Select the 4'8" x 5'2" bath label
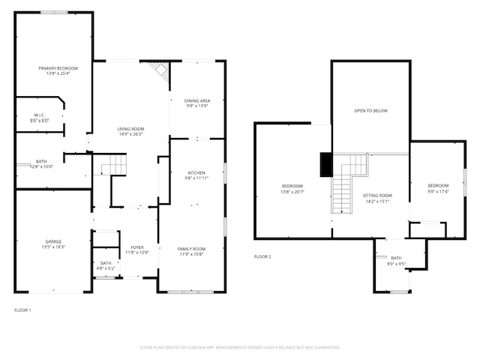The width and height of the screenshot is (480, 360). click(104, 267)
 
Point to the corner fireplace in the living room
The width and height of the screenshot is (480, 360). click(160, 70)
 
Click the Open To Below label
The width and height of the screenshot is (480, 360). click(370, 110)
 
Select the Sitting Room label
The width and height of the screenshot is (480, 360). click(378, 197)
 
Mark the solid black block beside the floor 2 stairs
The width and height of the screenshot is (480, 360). click(325, 164)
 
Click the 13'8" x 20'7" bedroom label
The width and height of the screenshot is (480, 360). click(292, 189)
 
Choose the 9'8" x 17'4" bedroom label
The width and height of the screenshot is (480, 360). click(438, 189)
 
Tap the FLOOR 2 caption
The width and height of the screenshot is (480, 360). click(262, 256)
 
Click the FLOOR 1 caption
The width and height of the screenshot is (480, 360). click(23, 309)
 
